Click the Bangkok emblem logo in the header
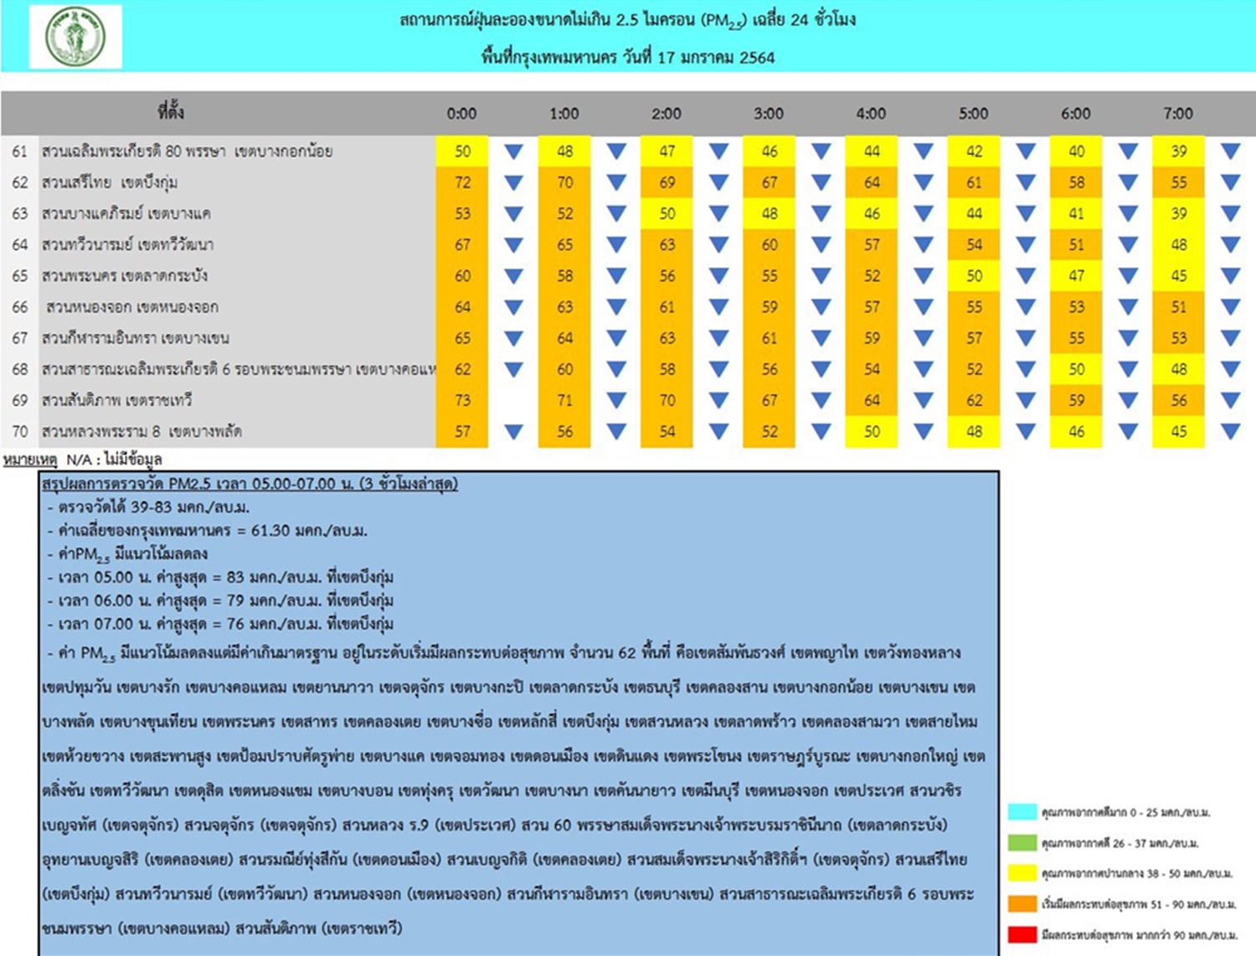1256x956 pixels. pyautogui.click(x=75, y=38)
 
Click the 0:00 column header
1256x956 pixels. pyautogui.click(x=461, y=113)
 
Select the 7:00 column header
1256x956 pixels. pyautogui.click(x=1178, y=113)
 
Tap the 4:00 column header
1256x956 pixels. pyautogui.click(x=871, y=113)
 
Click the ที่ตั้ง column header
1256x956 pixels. pyautogui.click(x=171, y=111)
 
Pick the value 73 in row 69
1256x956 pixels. pyautogui.click(x=462, y=400)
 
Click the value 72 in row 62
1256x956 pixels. pyautogui.click(x=462, y=182)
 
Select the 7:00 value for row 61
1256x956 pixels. pyautogui.click(x=1179, y=152)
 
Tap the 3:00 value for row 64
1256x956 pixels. pyautogui.click(x=770, y=244)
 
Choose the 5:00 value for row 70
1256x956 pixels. pyautogui.click(x=974, y=432)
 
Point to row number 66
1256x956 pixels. pyautogui.click(x=20, y=307)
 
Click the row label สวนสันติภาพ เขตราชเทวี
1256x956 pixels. pyautogui.click(x=117, y=400)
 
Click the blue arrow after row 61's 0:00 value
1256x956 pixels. pyautogui.click(x=513, y=152)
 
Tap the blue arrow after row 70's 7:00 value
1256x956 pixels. pyautogui.click(x=1230, y=432)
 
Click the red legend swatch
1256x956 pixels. pyautogui.click(x=1022, y=934)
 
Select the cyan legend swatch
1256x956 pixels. pyautogui.click(x=1022, y=812)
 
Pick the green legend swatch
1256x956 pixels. pyautogui.click(x=1022, y=842)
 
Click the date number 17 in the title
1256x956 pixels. pyautogui.click(x=666, y=58)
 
